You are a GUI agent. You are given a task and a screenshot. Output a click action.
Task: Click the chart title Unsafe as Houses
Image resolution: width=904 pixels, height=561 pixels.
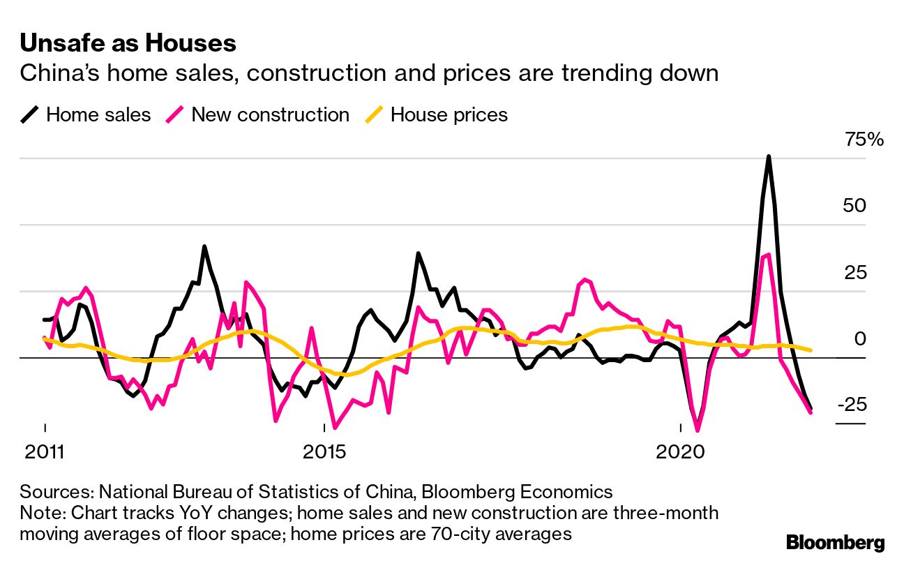tap(128, 44)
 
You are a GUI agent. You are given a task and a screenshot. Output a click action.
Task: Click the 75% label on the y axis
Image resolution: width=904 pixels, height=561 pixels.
tap(864, 140)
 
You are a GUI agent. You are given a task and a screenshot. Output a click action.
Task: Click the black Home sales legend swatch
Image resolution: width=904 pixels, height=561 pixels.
tap(29, 114)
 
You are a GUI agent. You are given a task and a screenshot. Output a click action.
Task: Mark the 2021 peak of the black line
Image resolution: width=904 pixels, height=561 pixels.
tap(768, 157)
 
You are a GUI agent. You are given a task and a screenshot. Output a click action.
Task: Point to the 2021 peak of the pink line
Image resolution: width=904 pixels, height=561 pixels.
tap(768, 255)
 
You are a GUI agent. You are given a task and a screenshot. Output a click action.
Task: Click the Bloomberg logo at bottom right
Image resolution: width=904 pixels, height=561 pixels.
tap(835, 542)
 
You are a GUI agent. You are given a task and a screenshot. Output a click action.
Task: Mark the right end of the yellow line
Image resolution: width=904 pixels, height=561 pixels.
tap(811, 350)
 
